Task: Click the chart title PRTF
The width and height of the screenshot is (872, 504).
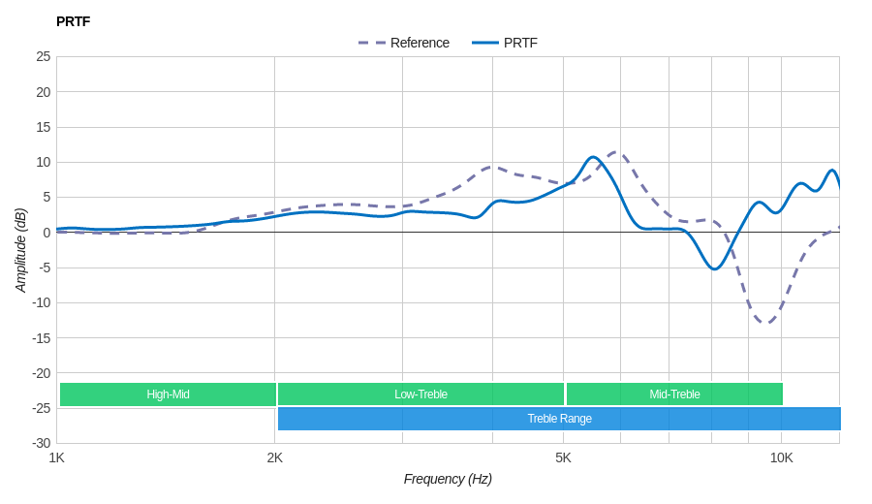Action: tap(74, 21)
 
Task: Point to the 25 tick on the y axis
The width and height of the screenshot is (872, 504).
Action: tap(44, 56)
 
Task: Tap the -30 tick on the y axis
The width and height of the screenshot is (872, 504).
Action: tap(41, 443)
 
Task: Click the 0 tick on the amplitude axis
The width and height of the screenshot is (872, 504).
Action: tap(47, 233)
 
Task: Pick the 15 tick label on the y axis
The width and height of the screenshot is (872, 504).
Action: tap(44, 127)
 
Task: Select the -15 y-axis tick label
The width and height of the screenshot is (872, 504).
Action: tap(41, 337)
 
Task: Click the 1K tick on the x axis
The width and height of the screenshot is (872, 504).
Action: tap(57, 457)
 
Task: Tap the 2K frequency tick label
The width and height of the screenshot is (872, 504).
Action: tap(275, 457)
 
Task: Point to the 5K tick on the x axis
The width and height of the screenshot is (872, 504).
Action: tap(563, 457)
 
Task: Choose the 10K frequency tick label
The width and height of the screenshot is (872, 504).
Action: tap(781, 457)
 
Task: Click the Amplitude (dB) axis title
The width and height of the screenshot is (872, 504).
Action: tap(21, 250)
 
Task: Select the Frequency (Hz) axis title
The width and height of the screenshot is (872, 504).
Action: tap(448, 479)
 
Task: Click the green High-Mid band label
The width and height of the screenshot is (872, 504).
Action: tap(168, 394)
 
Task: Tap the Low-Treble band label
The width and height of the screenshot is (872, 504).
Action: tap(420, 394)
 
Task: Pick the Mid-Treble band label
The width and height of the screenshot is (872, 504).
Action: tap(674, 394)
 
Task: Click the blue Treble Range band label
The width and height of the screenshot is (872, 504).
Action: tap(559, 419)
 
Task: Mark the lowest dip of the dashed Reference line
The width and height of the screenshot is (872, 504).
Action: tap(765, 323)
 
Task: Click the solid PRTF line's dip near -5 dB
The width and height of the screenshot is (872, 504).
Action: tap(714, 268)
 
